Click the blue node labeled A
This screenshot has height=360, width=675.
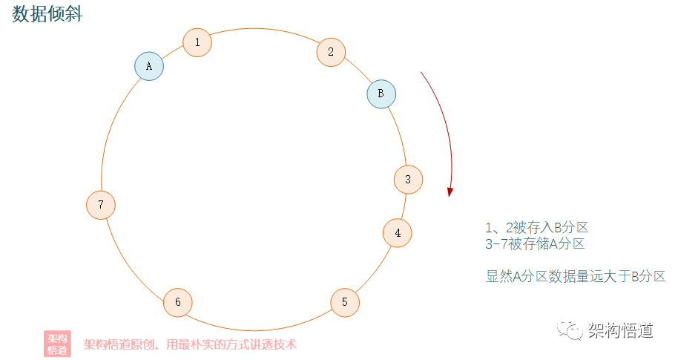[x=149, y=66]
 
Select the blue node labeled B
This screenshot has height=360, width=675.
[x=381, y=94]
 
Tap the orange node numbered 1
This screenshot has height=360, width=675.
[x=197, y=42]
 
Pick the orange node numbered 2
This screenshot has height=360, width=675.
[x=331, y=52]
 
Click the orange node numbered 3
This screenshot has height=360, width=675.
[x=408, y=179]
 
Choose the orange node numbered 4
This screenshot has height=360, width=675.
[x=398, y=233]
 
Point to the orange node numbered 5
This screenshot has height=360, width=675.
[x=345, y=302]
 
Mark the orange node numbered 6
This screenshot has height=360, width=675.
[x=177, y=302]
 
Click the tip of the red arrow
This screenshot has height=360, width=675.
[x=450, y=195]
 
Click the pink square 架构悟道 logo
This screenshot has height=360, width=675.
[x=57, y=344]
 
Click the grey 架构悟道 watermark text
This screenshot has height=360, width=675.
[x=620, y=330]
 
